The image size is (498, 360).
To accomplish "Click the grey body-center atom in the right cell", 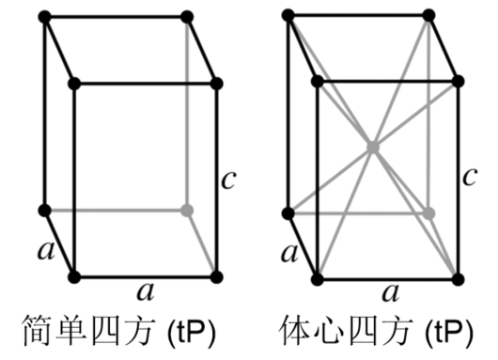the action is click(x=373, y=148).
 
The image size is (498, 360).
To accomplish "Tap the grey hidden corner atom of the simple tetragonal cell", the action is click(x=187, y=210).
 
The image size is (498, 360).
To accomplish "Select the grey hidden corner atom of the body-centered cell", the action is click(x=428, y=212).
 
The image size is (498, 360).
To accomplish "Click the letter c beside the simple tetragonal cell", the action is click(x=228, y=179).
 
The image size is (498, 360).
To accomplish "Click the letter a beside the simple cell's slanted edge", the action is click(x=43, y=249).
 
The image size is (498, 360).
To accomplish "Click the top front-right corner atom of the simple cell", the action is click(x=216, y=84).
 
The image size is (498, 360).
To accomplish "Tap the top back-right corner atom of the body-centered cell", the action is click(x=428, y=16).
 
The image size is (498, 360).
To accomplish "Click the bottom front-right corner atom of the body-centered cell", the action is click(x=459, y=278).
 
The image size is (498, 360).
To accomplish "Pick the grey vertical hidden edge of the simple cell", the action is click(x=187, y=113).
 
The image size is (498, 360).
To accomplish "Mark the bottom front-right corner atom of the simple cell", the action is click(x=216, y=277).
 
